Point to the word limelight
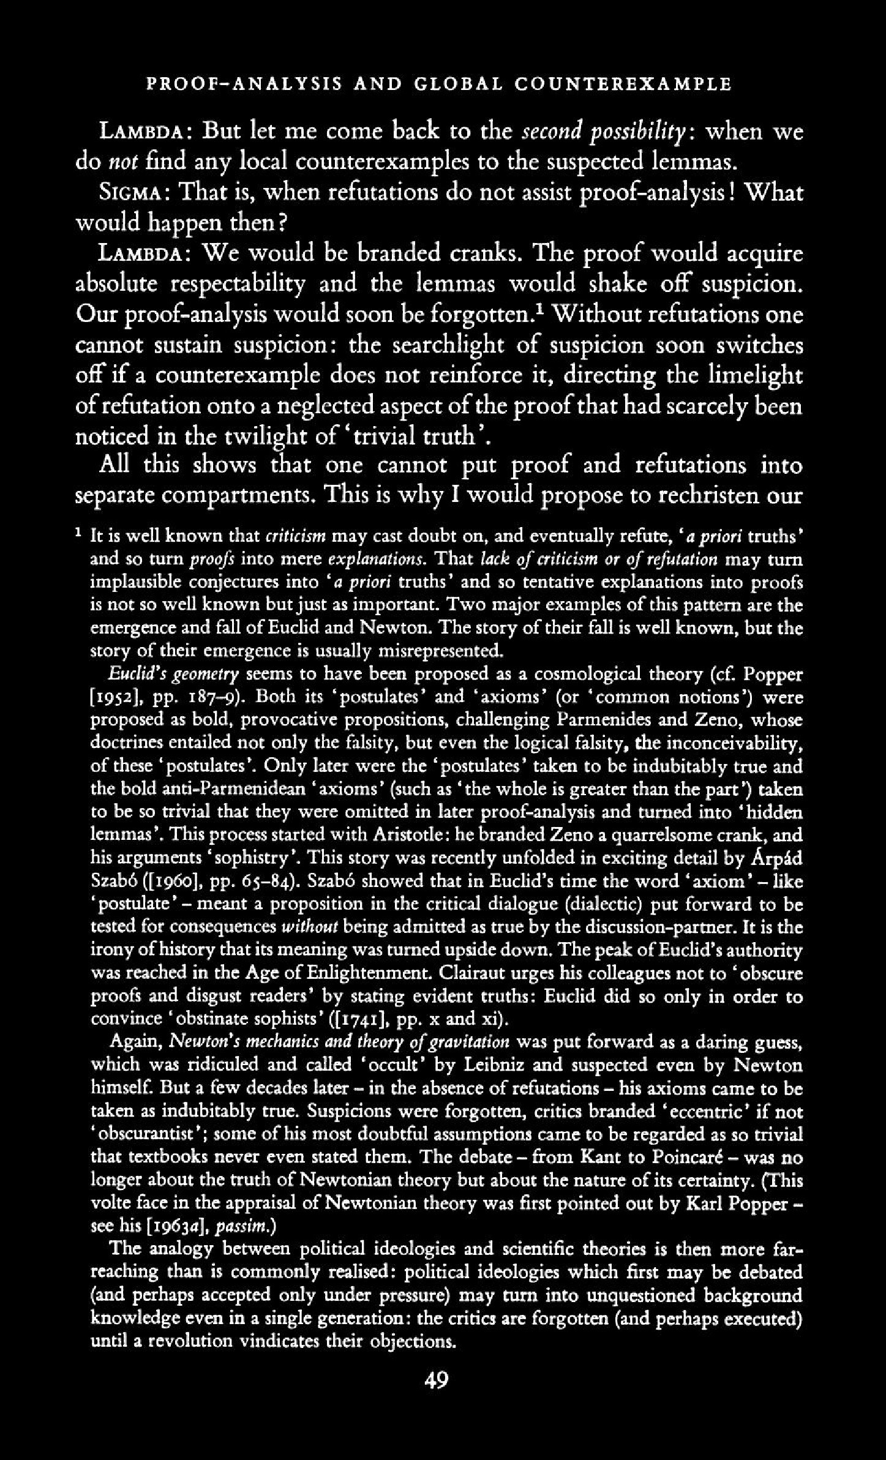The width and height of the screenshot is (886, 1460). pos(754,376)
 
